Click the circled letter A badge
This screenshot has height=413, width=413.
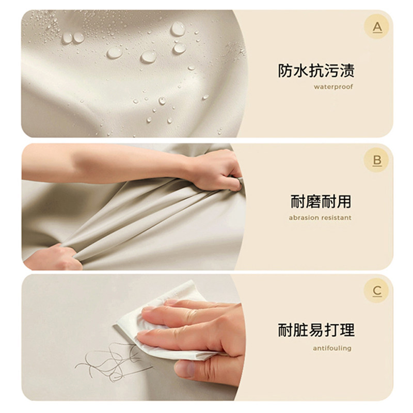[377, 27]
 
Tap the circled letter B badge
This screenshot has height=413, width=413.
[377, 160]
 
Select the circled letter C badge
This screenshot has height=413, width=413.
[377, 291]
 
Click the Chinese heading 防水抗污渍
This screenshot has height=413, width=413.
[316, 71]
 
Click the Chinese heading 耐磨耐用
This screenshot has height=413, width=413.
[321, 201]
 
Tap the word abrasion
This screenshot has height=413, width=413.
[304, 218]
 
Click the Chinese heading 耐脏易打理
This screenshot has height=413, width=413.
[316, 331]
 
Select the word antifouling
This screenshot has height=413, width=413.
[332, 348]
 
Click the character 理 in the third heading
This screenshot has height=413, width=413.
[347, 331]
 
